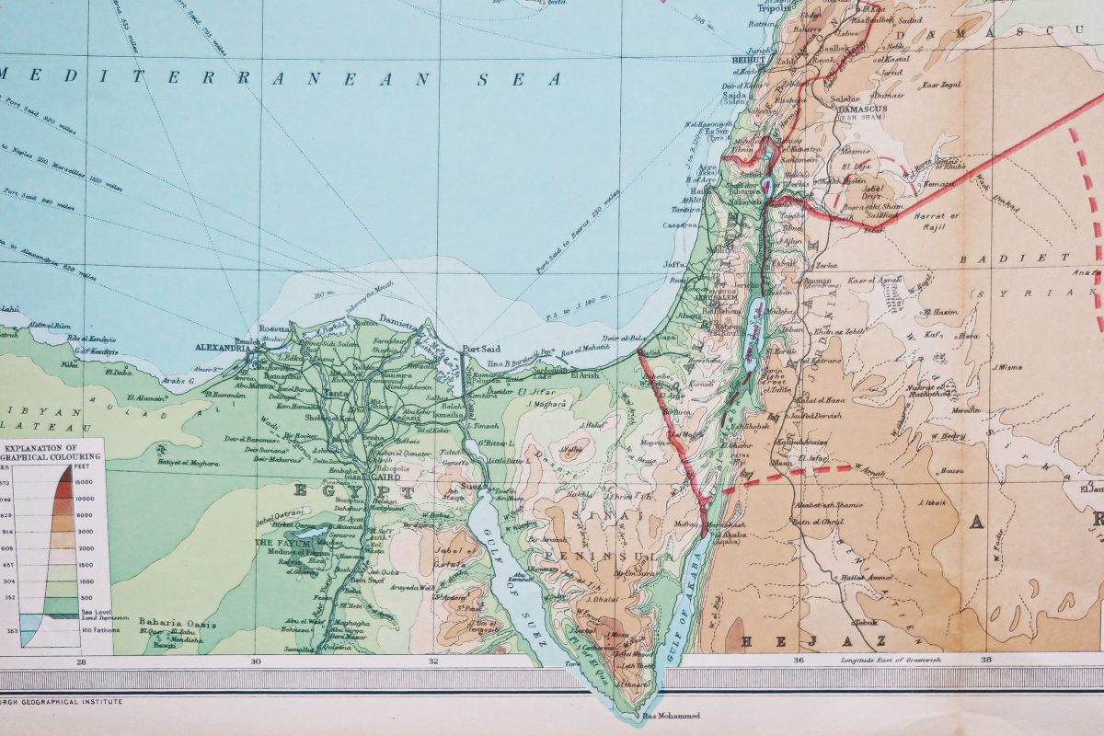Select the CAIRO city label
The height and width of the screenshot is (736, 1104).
click(377, 477)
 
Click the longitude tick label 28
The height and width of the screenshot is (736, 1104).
click(81, 661)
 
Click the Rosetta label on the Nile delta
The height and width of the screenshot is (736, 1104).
click(276, 328)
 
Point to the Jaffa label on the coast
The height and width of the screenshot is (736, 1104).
click(680, 264)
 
